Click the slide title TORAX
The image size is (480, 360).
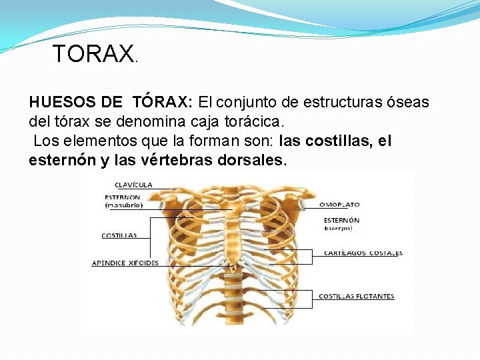(x=93, y=54)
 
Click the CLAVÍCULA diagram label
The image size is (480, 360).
(x=133, y=185)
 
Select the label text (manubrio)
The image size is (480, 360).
(x=124, y=205)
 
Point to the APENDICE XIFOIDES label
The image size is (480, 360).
(x=125, y=263)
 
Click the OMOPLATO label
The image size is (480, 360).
(x=339, y=205)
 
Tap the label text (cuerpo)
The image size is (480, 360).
(x=338, y=228)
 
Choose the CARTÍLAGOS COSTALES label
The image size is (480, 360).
(x=363, y=253)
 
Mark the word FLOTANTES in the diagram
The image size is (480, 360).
(x=374, y=297)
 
